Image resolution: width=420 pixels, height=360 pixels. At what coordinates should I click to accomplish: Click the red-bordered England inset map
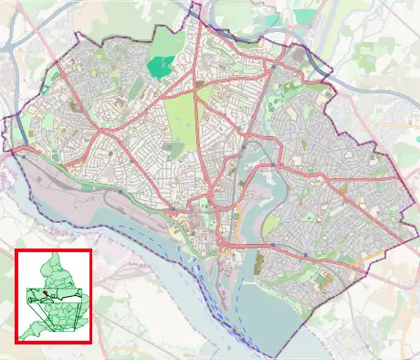[x=53, y=296]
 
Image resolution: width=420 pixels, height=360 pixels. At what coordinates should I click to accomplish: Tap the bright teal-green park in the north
[x=161, y=67]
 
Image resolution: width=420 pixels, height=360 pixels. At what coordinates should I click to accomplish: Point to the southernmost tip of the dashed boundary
[x=273, y=355]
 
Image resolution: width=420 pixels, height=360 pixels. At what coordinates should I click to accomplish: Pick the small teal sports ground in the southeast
[x=311, y=217]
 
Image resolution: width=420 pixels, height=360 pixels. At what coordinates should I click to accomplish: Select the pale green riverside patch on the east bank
[x=271, y=225]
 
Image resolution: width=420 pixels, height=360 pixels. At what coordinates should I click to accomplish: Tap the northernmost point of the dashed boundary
[x=194, y=7]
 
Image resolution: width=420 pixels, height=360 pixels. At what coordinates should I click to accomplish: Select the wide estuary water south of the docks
[x=164, y=265]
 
